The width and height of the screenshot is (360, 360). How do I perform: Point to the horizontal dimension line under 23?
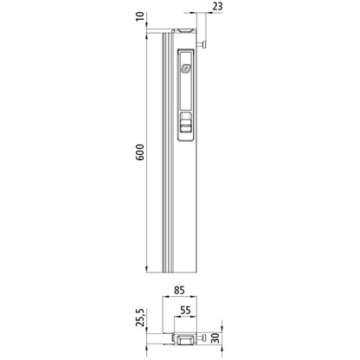208,15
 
